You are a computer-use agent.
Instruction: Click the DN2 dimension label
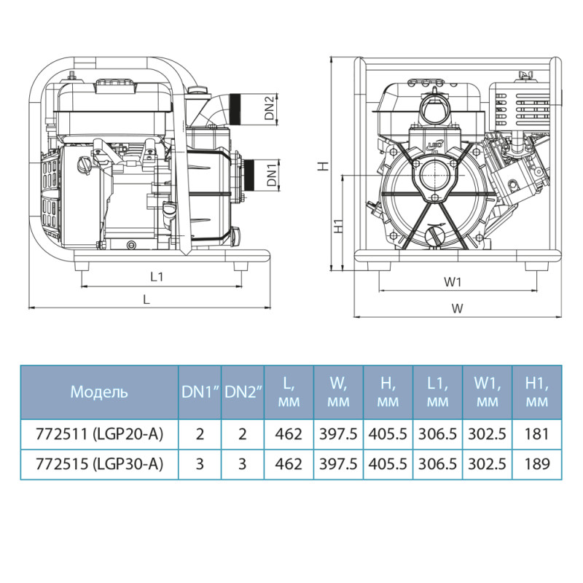pos(270,108)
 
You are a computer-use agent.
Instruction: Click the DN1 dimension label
pos(270,176)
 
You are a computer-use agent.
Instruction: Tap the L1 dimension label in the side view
pos(156,276)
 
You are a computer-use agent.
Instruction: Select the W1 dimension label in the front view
pos(453,281)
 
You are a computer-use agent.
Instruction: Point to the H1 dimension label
pos(338,227)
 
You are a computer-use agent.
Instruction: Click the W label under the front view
pos(457,308)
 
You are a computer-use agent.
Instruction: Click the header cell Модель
pos(99,391)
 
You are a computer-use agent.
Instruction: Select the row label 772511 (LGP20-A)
pos(99,434)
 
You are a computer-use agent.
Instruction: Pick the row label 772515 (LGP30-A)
pos(99,463)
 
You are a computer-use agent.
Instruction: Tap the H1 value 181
pos(536,434)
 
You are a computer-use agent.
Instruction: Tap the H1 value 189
pos(536,463)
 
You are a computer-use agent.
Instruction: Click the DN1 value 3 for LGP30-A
pos(200,463)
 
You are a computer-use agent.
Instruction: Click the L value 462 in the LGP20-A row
pos(289,434)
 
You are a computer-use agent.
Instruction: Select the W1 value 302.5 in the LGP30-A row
pos(487,463)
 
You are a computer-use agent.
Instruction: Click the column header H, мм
pos(388,391)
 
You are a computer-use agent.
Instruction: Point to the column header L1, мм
pos(437,391)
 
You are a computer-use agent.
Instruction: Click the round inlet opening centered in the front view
pos(436,177)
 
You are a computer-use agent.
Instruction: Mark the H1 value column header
pos(536,391)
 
